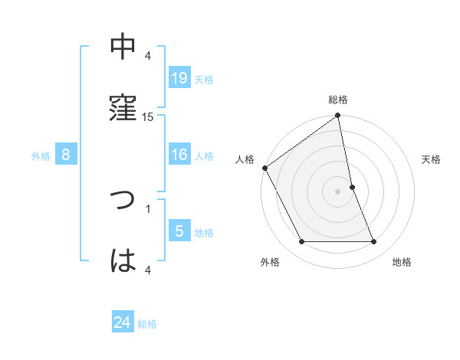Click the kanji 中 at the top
tap(123, 47)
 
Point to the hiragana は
tap(123, 261)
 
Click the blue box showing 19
tap(179, 78)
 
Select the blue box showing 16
tap(179, 155)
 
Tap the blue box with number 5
tap(179, 231)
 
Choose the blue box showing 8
tap(66, 155)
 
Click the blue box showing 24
tap(123, 322)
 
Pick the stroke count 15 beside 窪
tap(148, 116)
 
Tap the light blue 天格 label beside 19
tap(204, 80)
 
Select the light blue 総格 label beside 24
tap(147, 324)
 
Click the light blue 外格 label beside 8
tap(41, 156)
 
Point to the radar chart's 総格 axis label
tap(338, 100)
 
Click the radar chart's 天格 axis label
tap(432, 159)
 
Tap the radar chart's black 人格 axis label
tap(245, 159)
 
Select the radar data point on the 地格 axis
tap(374, 242)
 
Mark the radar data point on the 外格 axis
tap(301, 242)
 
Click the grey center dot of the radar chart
tap(338, 191)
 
